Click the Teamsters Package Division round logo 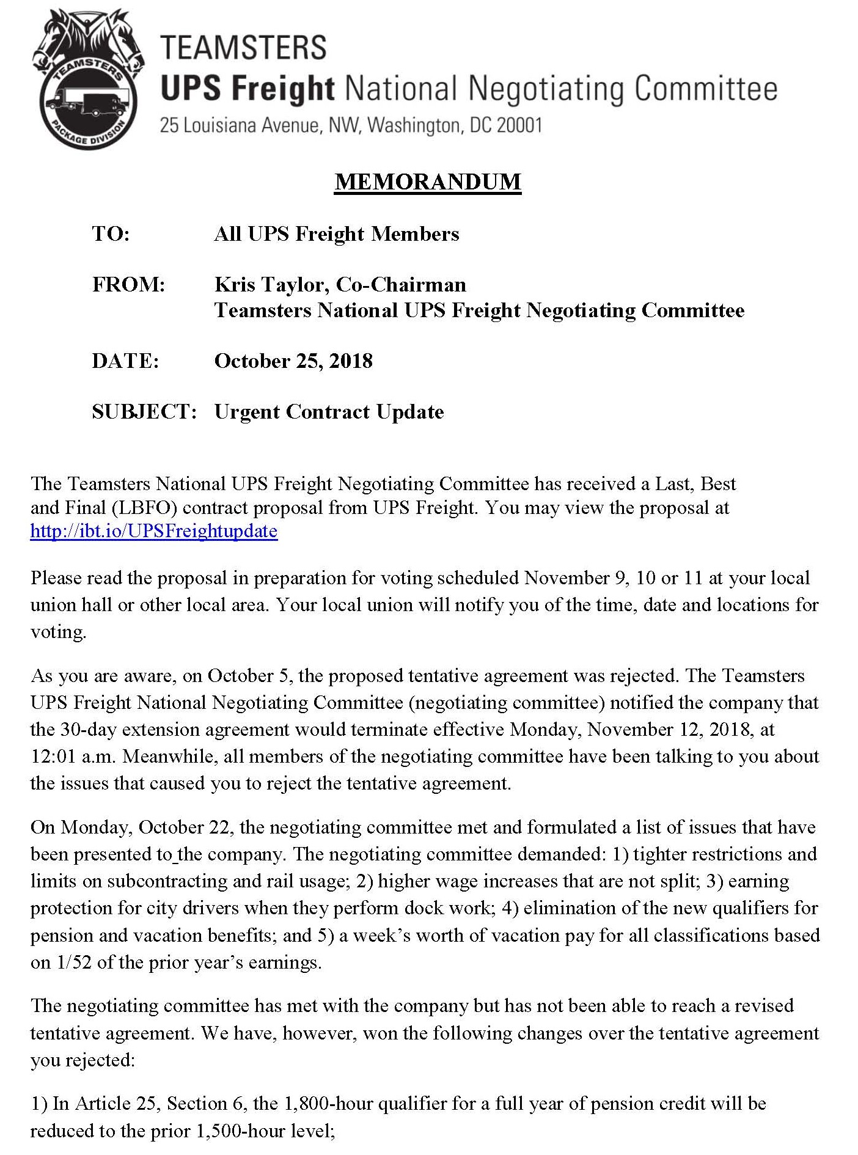pyautogui.click(x=88, y=80)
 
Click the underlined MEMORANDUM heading pyautogui.click(x=428, y=182)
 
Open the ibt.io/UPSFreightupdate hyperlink pyautogui.click(x=154, y=530)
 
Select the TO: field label pyautogui.click(x=111, y=234)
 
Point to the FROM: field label pyautogui.click(x=128, y=285)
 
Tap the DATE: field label pyautogui.click(x=125, y=361)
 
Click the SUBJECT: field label pyautogui.click(x=144, y=412)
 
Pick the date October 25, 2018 pyautogui.click(x=293, y=361)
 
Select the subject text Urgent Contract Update pyautogui.click(x=329, y=412)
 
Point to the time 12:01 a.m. pyautogui.click(x=73, y=757)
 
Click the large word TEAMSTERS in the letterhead pyautogui.click(x=243, y=48)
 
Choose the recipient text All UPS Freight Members pyautogui.click(x=336, y=234)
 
